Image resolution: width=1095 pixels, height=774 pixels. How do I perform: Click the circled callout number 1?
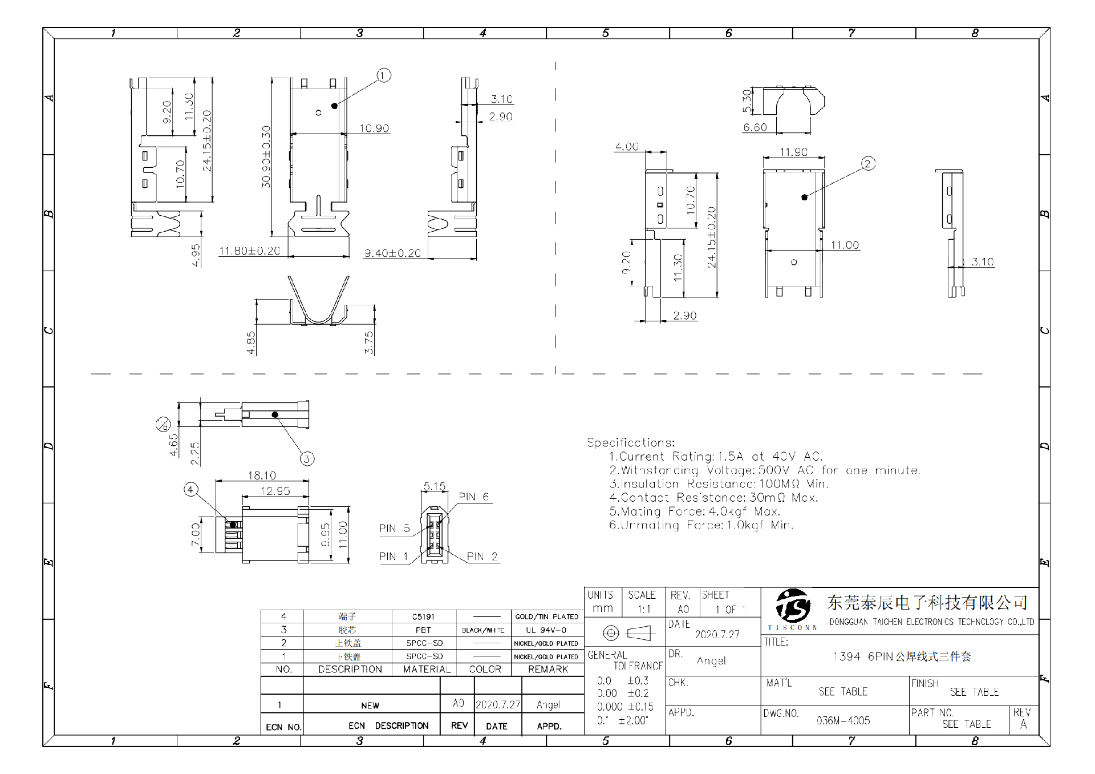384,75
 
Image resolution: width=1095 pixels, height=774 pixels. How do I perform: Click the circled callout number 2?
867,164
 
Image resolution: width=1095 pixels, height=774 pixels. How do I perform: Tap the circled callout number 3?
307,459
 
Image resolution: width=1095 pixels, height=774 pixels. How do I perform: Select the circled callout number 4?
190,489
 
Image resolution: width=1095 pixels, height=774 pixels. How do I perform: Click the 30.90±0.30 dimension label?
266,157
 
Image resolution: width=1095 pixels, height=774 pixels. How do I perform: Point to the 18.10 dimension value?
262,475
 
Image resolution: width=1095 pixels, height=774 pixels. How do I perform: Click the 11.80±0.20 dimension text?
249,251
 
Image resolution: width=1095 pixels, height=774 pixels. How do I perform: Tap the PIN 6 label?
474,497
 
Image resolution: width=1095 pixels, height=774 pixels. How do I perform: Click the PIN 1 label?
394,556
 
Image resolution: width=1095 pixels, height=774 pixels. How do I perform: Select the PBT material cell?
423,630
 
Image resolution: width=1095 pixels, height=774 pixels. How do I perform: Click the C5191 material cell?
423,617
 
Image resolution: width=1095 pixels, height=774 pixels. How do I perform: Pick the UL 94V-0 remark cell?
546,630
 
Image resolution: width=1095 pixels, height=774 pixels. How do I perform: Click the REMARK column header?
547,669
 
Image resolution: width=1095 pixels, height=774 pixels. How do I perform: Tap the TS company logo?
793,606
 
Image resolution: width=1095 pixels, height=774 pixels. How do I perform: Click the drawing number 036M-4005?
843,721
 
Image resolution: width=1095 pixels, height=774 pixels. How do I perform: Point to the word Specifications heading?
630,442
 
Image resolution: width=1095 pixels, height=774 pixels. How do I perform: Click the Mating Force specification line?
694,511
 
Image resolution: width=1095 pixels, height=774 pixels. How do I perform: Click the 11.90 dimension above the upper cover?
793,152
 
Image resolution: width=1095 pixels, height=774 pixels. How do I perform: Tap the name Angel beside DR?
711,661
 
